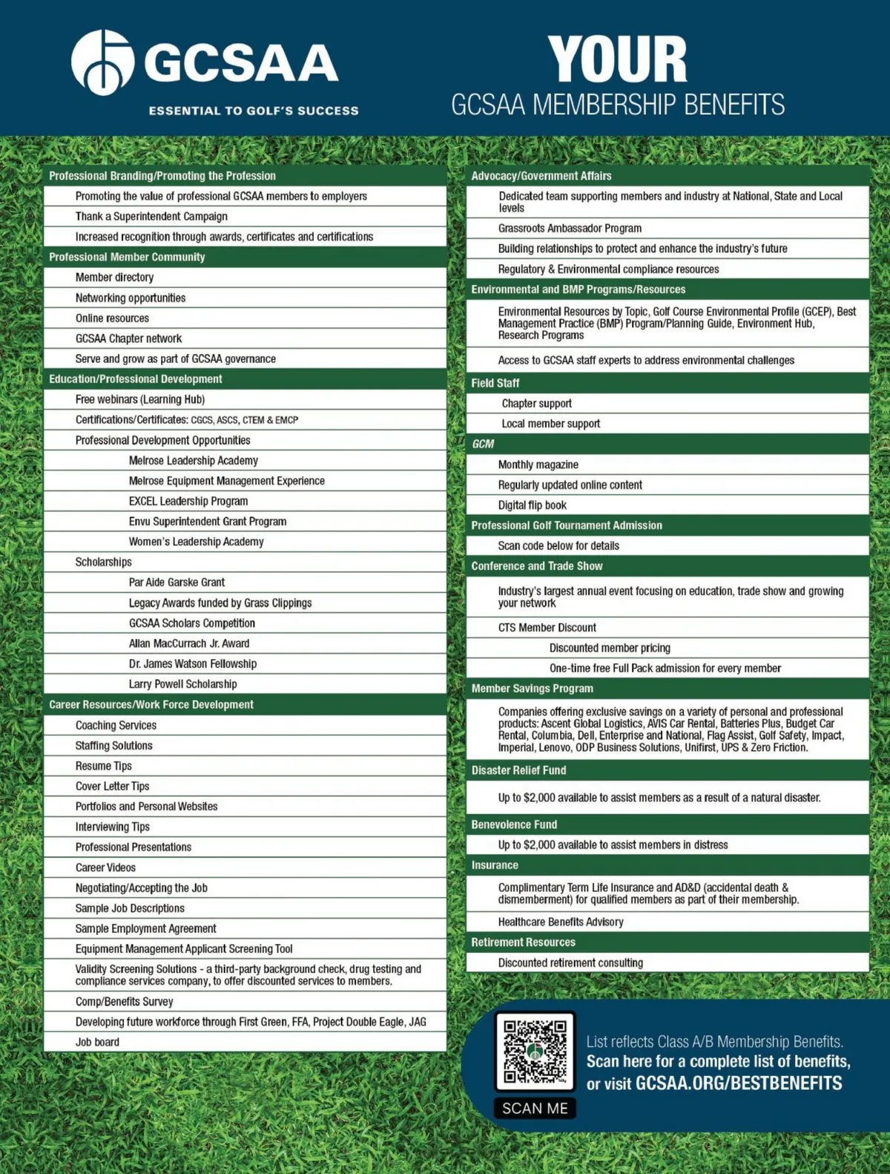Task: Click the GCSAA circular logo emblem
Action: pyautogui.click(x=102, y=62)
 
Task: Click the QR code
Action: pyautogui.click(x=535, y=1051)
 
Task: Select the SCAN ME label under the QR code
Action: pyautogui.click(x=535, y=1108)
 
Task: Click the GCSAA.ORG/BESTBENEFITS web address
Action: pyautogui.click(x=738, y=1083)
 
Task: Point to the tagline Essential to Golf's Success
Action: pyautogui.click(x=254, y=111)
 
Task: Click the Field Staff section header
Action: pyautogui.click(x=495, y=383)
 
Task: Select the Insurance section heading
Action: pyautogui.click(x=495, y=865)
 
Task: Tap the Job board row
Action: pyautogui.click(x=97, y=1042)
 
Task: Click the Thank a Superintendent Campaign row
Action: pyautogui.click(x=151, y=216)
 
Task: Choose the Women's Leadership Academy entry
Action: pyautogui.click(x=196, y=542)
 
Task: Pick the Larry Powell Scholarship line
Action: pyautogui.click(x=182, y=684)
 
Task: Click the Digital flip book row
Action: pyautogui.click(x=532, y=505)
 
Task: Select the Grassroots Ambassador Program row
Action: pyautogui.click(x=570, y=229)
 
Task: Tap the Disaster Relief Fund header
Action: pyautogui.click(x=518, y=770)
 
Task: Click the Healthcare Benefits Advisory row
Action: pyautogui.click(x=560, y=922)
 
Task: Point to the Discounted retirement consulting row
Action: pyautogui.click(x=570, y=963)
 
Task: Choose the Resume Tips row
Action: pyautogui.click(x=103, y=766)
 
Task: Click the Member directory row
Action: pyautogui.click(x=114, y=278)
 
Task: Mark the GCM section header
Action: pyautogui.click(x=483, y=444)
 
